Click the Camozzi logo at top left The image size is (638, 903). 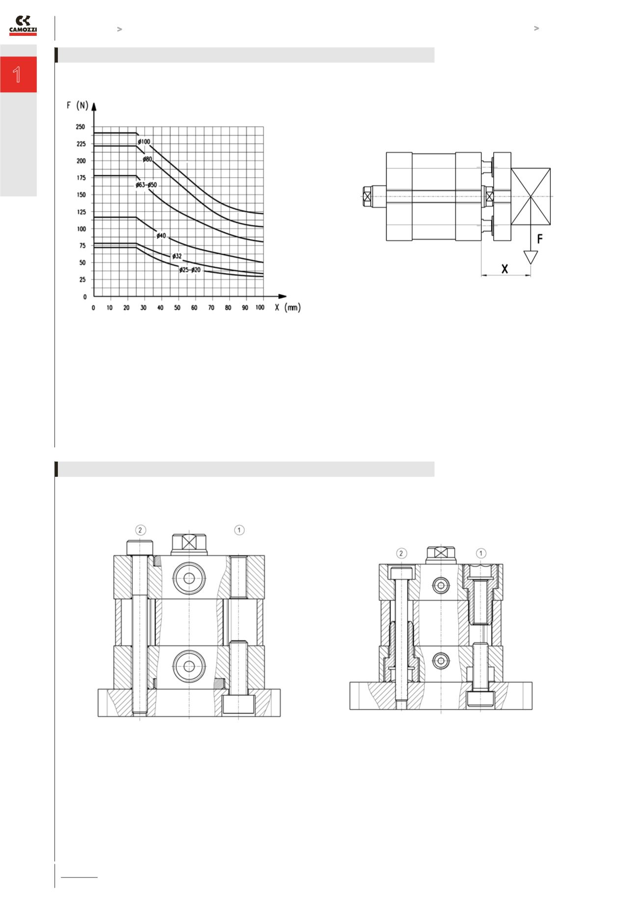pyautogui.click(x=23, y=26)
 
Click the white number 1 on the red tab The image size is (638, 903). pyautogui.click(x=18, y=75)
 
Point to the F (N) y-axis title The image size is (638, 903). pyautogui.click(x=78, y=106)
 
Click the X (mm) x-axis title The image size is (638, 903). pyautogui.click(x=288, y=308)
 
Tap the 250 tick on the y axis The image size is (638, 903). pyautogui.click(x=80, y=127)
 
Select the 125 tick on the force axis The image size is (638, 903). pyautogui.click(x=80, y=212)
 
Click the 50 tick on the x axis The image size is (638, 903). pyautogui.click(x=177, y=308)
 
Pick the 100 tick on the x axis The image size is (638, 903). pyautogui.click(x=260, y=308)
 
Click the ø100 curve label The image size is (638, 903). pyautogui.click(x=144, y=142)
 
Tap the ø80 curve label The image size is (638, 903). pyautogui.click(x=148, y=159)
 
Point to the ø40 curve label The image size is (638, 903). pyautogui.click(x=162, y=236)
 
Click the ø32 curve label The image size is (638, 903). pyautogui.click(x=177, y=256)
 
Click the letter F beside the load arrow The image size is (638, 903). pyautogui.click(x=540, y=239)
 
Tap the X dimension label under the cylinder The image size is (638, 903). pyautogui.click(x=505, y=269)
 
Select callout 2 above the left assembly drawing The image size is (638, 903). pyautogui.click(x=141, y=530)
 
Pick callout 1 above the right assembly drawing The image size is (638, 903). pyautogui.click(x=481, y=553)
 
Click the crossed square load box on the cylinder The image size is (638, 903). pyautogui.click(x=531, y=196)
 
